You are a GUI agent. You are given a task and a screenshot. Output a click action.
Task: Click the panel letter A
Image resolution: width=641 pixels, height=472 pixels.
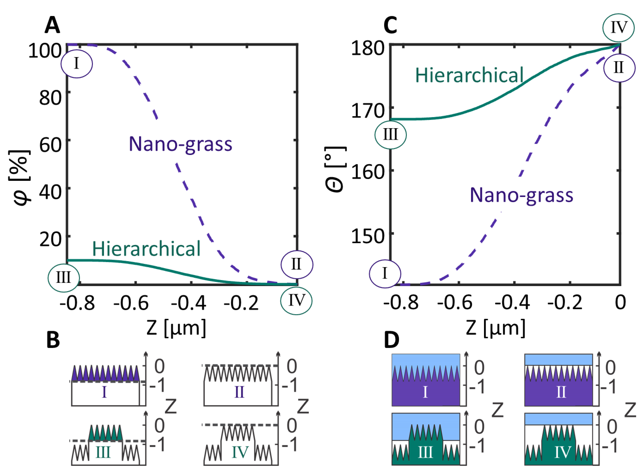point(52,25)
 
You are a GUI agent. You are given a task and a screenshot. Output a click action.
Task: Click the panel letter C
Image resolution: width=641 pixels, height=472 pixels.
point(390,25)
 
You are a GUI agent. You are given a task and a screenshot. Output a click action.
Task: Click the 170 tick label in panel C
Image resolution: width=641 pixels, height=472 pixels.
point(368,111)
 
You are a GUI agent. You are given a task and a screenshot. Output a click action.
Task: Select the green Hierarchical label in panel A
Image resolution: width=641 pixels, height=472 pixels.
point(146,249)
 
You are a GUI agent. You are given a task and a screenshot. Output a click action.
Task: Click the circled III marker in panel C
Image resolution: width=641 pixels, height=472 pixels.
point(390,134)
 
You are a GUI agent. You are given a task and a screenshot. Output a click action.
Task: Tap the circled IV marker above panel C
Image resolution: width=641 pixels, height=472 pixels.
point(618,28)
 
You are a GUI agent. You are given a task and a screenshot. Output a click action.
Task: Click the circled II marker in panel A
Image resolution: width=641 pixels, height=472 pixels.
point(297,264)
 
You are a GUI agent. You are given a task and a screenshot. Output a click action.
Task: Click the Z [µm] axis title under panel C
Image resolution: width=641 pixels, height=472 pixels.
point(496,328)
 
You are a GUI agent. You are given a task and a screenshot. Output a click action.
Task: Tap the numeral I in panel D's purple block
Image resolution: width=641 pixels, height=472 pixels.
point(425,392)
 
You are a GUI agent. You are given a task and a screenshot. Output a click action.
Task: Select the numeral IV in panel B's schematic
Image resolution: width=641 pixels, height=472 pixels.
point(240,452)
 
